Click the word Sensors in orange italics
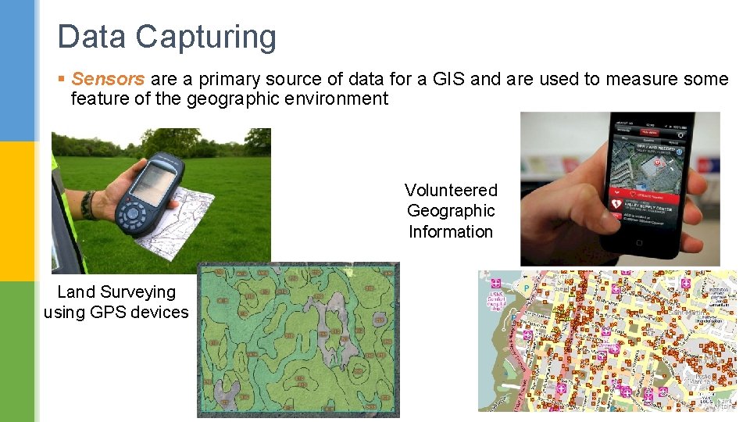point(108,79)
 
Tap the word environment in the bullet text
point(340,98)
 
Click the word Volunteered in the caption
point(451,190)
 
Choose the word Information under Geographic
point(451,231)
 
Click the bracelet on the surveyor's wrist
point(88,206)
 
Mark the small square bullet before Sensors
point(62,79)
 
